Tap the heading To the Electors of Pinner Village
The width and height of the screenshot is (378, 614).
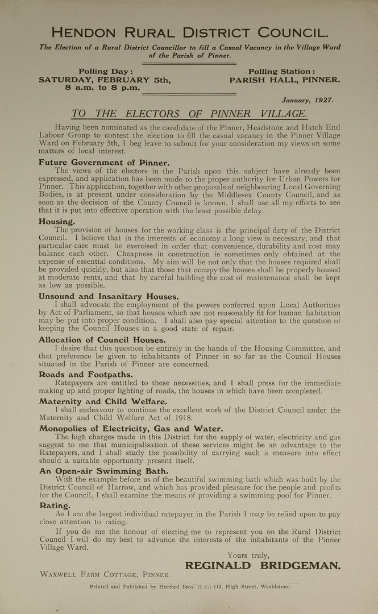pyautogui.click(x=189, y=114)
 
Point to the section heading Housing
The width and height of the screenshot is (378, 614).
pyautogui.click(x=57, y=221)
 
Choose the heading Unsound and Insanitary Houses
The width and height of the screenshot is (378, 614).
pyautogui.click(x=109, y=296)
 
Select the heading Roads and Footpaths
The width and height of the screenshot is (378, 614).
pyautogui.click(x=86, y=375)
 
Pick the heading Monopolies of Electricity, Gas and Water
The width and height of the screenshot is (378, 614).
pyautogui.click(x=131, y=428)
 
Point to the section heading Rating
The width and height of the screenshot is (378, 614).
pyautogui.click(x=55, y=505)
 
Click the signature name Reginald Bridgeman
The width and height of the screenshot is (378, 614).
pyautogui.click(x=263, y=565)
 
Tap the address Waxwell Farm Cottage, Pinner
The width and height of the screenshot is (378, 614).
pyautogui.click(x=105, y=575)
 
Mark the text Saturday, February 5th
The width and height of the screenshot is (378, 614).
pyautogui.click(x=105, y=80)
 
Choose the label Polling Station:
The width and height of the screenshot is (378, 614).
pyautogui.click(x=281, y=72)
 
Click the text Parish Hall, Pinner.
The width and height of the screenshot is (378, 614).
pyautogui.click(x=285, y=80)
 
